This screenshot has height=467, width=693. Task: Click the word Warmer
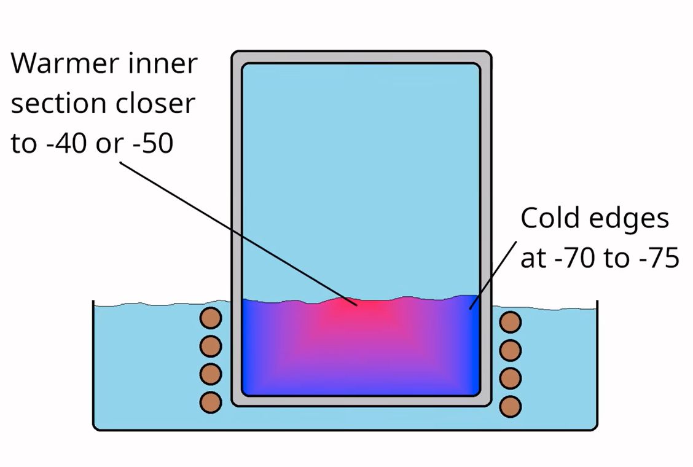click(x=65, y=64)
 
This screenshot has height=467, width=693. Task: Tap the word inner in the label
click(x=163, y=64)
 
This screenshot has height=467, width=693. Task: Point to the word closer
click(x=155, y=103)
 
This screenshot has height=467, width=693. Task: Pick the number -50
click(x=152, y=144)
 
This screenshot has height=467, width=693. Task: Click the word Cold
click(x=547, y=218)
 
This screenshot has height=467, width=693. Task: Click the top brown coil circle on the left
click(x=211, y=318)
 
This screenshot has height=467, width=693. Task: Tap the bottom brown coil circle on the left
click(x=211, y=402)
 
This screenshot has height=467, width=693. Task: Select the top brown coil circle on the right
click(x=511, y=322)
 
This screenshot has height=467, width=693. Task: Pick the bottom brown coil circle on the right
click(x=511, y=406)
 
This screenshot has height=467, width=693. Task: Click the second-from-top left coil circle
click(x=211, y=347)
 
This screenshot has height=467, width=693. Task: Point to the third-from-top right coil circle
click(x=511, y=379)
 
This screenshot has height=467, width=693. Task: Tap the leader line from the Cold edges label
click(x=493, y=275)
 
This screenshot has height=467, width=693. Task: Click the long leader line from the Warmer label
click(x=238, y=234)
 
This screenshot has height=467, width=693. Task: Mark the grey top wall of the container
click(x=361, y=57)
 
